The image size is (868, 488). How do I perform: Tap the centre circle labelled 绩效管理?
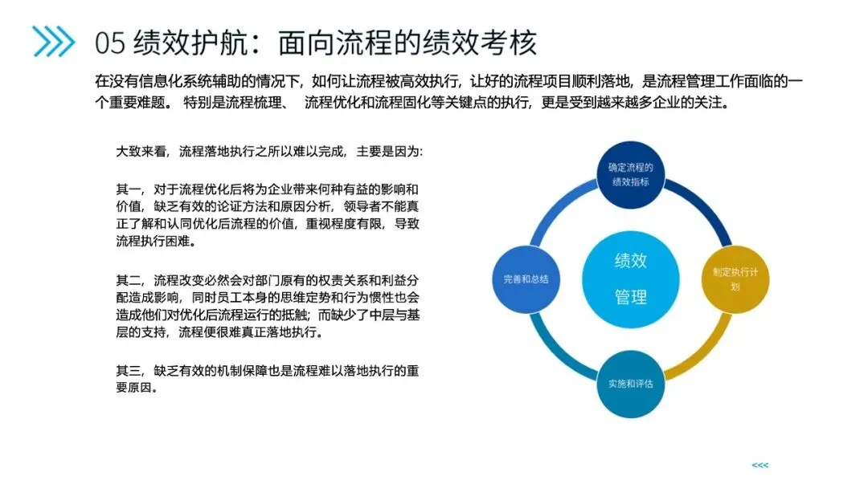(x=631, y=278)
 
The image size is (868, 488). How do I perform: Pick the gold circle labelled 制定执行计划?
(x=736, y=279)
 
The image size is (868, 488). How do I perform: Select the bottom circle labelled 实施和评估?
(x=629, y=383)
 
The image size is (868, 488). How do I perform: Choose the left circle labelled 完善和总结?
(x=525, y=279)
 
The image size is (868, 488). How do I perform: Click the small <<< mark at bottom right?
(x=759, y=465)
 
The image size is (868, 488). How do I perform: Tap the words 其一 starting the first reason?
(x=129, y=189)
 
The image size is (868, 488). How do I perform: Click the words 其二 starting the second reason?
(x=129, y=280)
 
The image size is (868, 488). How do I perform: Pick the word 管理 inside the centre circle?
(x=631, y=296)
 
